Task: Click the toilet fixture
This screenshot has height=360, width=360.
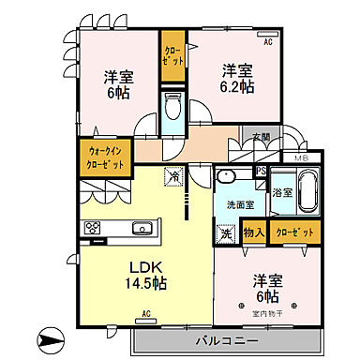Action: click(x=172, y=109)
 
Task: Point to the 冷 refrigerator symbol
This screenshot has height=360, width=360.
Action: click(x=173, y=175)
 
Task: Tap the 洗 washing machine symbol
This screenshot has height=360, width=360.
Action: click(x=225, y=234)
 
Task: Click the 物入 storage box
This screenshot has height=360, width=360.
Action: click(x=252, y=232)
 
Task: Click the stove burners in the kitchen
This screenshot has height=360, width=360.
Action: click(x=94, y=227)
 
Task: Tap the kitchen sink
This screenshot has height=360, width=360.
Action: click(x=142, y=228)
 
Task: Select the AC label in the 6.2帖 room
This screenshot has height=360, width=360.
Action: click(x=266, y=43)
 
